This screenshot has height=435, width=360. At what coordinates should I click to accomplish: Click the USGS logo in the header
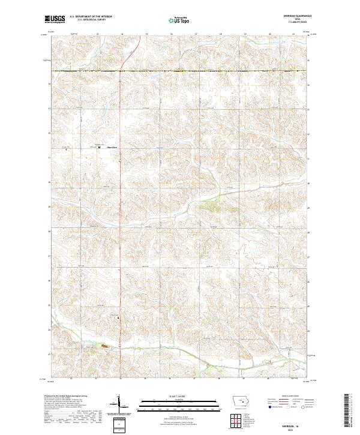[55, 20]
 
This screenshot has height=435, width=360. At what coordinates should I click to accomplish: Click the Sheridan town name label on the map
[112, 147]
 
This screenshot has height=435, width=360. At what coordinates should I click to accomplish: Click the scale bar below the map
[178, 403]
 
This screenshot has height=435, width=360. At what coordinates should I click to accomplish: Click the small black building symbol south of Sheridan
[118, 317]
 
